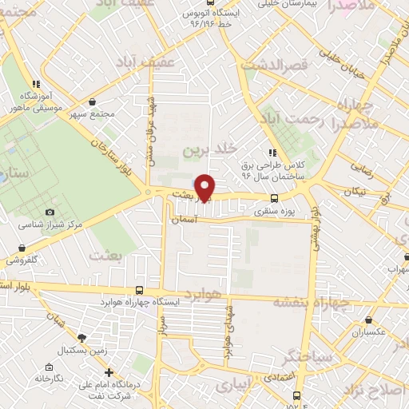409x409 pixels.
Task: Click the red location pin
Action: (x=206, y=187)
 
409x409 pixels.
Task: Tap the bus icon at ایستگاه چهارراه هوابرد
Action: (x=141, y=291)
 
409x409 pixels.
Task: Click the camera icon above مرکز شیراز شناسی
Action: (x=50, y=212)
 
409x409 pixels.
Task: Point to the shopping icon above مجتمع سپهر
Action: (x=94, y=102)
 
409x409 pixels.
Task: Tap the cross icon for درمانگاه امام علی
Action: (x=109, y=373)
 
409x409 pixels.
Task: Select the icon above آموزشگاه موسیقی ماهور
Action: (x=35, y=83)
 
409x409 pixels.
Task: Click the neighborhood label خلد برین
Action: (x=211, y=149)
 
